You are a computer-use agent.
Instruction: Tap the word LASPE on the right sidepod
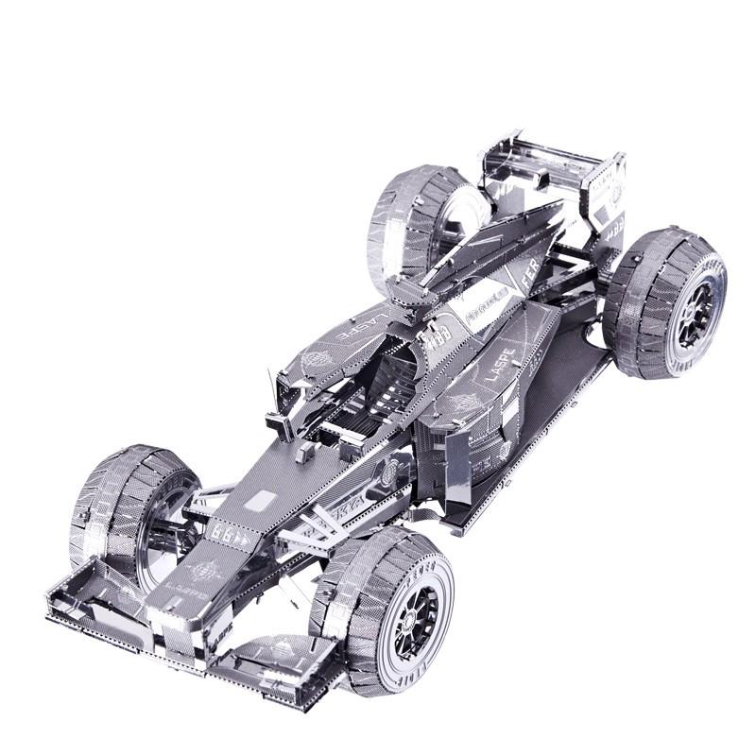500,364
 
